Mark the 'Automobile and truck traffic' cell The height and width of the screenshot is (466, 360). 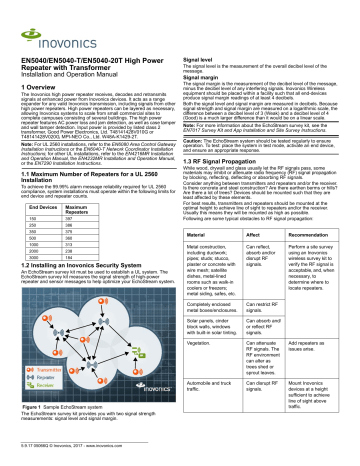point(220,412)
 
